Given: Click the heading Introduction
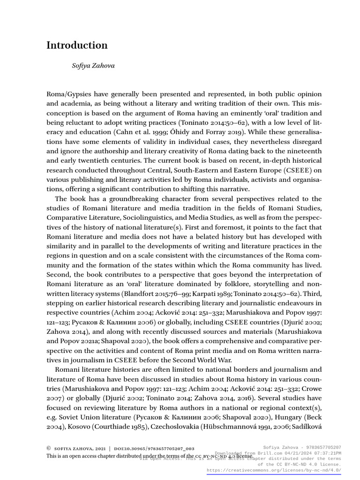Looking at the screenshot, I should coord(77,45).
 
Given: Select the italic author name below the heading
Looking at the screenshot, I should coord(93,66).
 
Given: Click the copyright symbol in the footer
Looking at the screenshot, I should coord(48,448).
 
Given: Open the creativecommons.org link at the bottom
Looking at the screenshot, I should coord(273,470).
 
